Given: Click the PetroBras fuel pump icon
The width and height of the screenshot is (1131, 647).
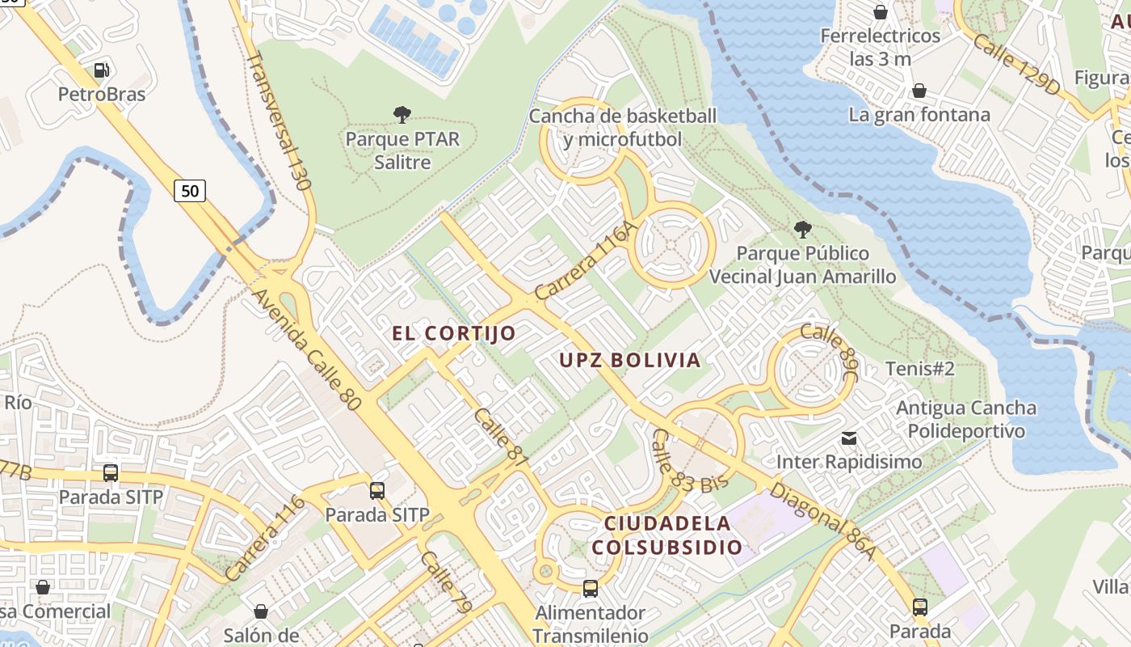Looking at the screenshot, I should [101, 70].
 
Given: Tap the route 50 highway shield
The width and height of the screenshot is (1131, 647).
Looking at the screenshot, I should [189, 191].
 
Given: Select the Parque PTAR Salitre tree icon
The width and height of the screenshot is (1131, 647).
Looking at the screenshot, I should [402, 115].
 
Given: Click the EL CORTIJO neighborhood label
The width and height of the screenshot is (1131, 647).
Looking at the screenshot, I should [453, 333].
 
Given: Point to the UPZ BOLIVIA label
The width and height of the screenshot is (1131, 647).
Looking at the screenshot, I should [630, 360].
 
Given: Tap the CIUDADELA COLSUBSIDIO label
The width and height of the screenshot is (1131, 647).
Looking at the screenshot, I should [666, 535].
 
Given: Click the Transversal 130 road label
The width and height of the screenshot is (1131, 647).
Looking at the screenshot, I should [279, 121].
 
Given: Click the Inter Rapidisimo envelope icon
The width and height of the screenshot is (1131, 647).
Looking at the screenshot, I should [849, 438].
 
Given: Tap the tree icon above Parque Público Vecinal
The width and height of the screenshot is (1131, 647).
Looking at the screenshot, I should [802, 230].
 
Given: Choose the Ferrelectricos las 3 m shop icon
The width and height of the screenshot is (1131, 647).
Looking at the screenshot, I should [881, 12].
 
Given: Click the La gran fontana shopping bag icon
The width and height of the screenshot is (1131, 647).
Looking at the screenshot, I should [919, 91].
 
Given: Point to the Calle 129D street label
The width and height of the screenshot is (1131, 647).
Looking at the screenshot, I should [1015, 65].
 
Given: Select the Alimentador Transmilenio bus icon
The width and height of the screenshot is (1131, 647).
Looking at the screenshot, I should [591, 589].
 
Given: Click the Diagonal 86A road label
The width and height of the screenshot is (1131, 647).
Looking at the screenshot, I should [822, 521].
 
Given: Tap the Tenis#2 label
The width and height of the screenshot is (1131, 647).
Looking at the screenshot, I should [920, 369].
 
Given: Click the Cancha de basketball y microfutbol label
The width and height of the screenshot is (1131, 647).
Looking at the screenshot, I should [622, 127].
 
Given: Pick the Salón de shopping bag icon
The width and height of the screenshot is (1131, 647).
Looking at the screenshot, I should [260, 611].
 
